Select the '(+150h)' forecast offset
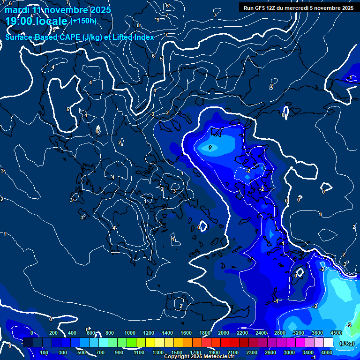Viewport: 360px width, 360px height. [x=83, y=21]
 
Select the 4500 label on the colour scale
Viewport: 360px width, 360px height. [x=336, y=333]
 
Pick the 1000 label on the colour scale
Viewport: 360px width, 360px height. [x=130, y=333]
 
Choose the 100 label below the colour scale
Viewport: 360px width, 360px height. [x=45, y=352]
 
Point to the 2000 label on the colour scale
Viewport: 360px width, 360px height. [x=224, y=333]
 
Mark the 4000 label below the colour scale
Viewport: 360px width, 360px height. [x=327, y=352]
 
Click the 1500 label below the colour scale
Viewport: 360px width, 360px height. [x=177, y=352]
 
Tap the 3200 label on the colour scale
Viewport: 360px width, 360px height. [x=299, y=333]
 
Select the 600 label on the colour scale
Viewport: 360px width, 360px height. [x=91, y=333]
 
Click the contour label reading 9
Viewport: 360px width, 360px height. [x=158, y=20]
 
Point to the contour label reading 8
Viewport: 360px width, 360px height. [x=138, y=25]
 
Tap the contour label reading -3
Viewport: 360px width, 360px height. [x=348, y=325]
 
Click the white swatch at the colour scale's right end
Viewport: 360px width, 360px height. [x=329, y=343]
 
